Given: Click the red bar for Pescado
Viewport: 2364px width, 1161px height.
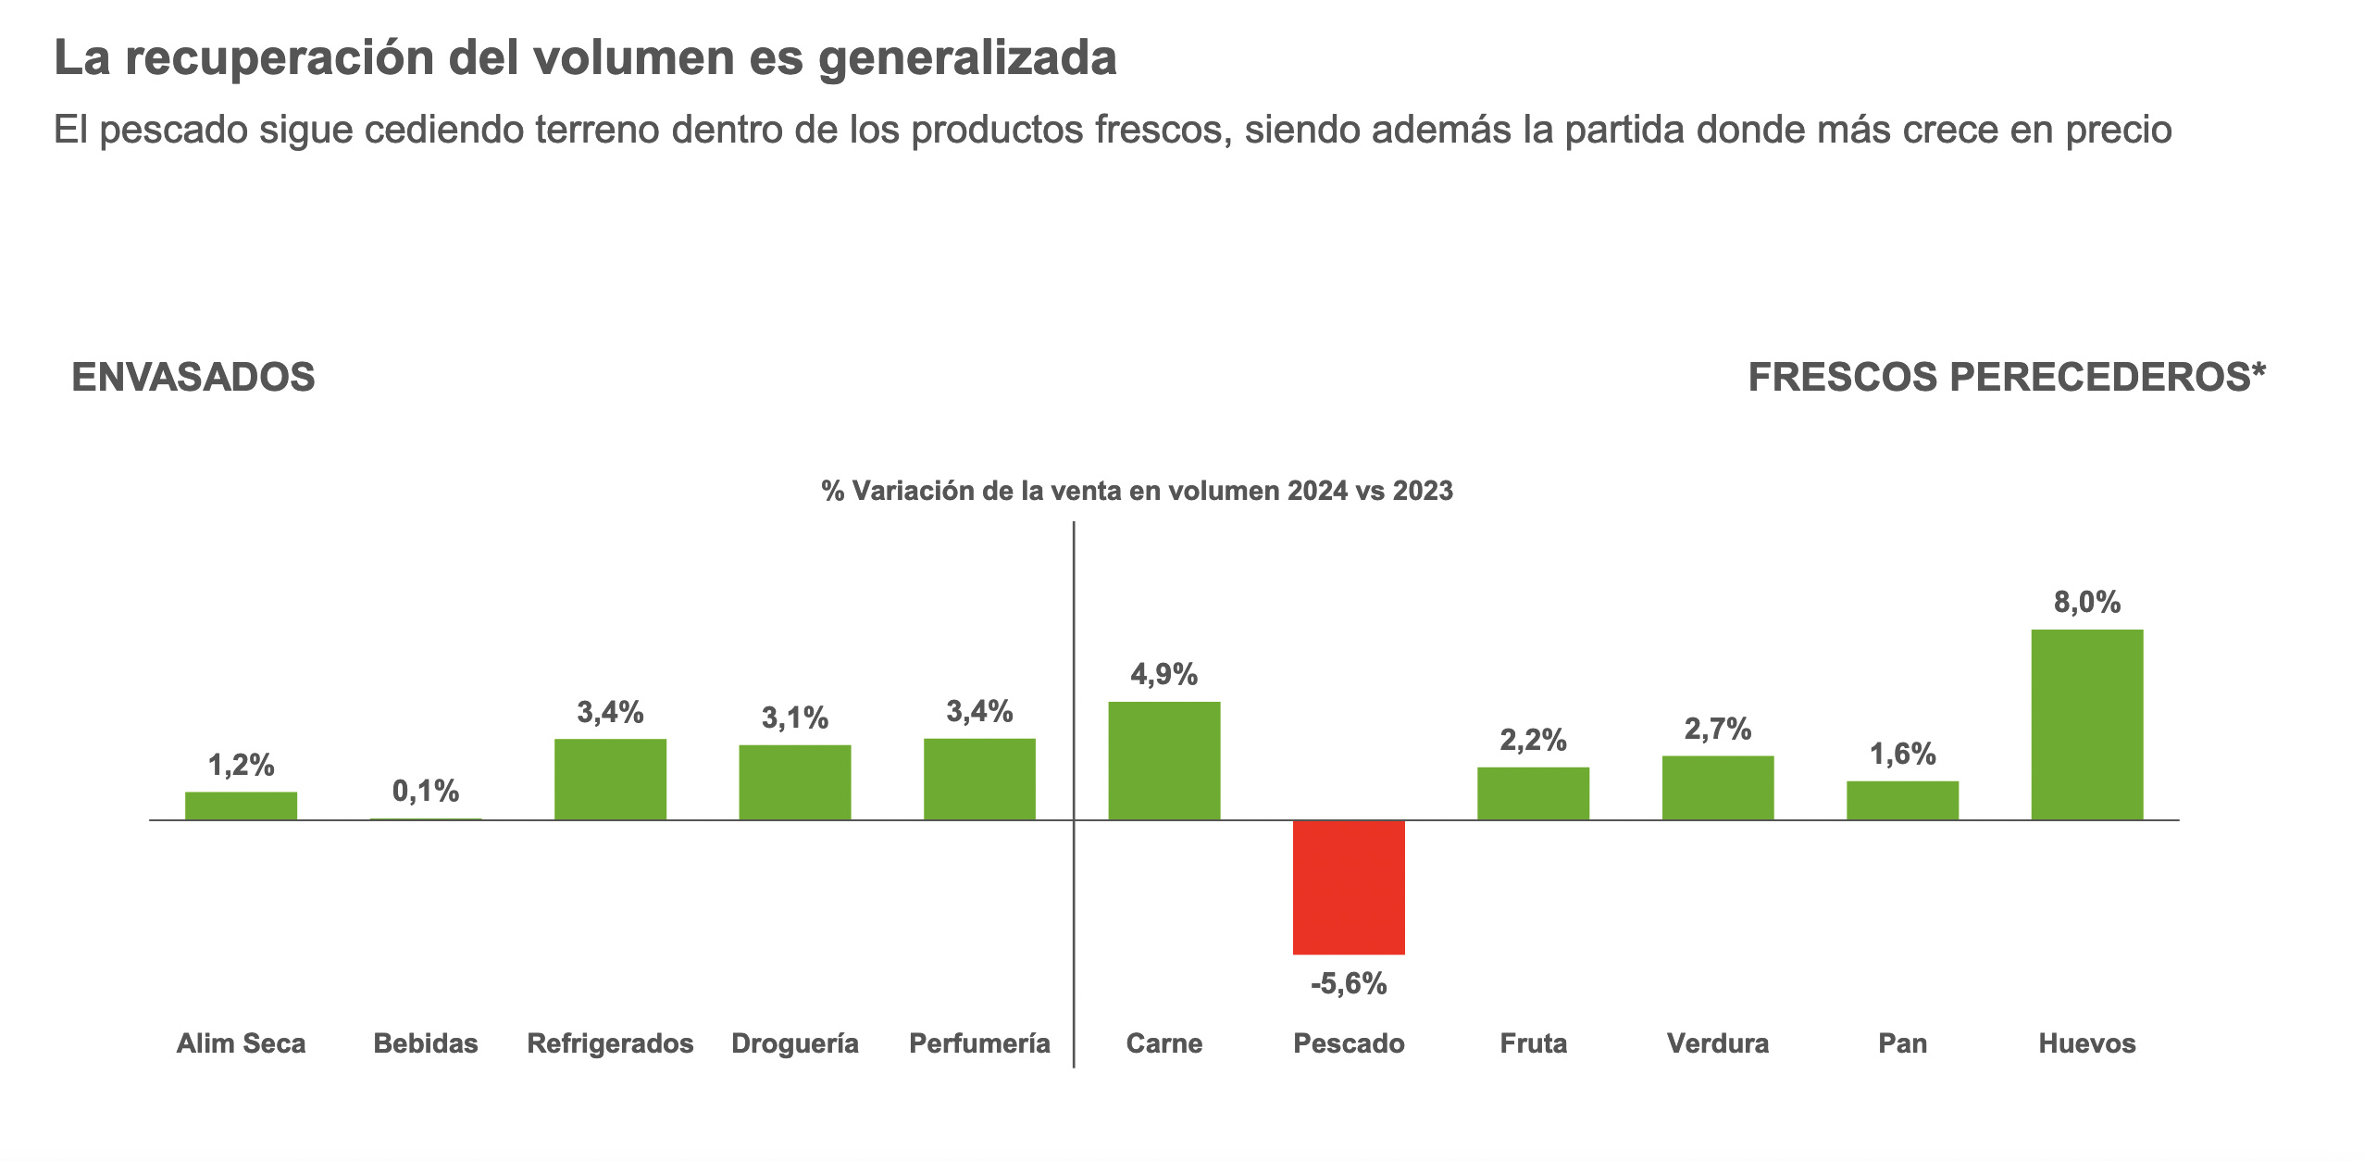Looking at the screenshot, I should [x=1349, y=887].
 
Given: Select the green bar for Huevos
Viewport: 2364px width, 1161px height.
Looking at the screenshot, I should [x=2086, y=725].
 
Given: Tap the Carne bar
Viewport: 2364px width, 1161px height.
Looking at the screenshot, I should [x=1163, y=761].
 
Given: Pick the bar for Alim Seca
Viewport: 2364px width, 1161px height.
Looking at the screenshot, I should [x=241, y=806].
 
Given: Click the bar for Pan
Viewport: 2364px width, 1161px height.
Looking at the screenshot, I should [x=1902, y=801].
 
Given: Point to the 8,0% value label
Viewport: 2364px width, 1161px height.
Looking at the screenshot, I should [x=2086, y=603].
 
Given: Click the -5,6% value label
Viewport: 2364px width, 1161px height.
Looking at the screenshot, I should [x=1349, y=983].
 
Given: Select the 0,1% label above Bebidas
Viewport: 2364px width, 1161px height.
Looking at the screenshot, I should [x=426, y=791].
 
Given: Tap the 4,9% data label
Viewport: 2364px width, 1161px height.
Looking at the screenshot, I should [x=1163, y=674].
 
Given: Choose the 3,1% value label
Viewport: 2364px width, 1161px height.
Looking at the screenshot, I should [x=794, y=718].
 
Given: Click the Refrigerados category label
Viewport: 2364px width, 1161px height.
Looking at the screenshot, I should [x=610, y=1043].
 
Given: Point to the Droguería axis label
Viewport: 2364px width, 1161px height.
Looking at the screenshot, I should [x=794, y=1043].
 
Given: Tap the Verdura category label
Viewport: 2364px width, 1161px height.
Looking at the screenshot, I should [x=1718, y=1043].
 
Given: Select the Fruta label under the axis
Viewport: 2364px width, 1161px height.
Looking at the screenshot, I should [x=1533, y=1043].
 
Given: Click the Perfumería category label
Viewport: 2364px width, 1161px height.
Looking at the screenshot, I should [x=979, y=1043].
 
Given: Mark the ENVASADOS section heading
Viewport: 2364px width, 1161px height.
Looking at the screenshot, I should [x=193, y=378].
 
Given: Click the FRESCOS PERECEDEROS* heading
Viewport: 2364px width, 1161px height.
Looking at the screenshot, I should [x=2007, y=378].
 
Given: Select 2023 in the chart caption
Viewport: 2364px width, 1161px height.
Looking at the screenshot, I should [x=1423, y=491].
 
